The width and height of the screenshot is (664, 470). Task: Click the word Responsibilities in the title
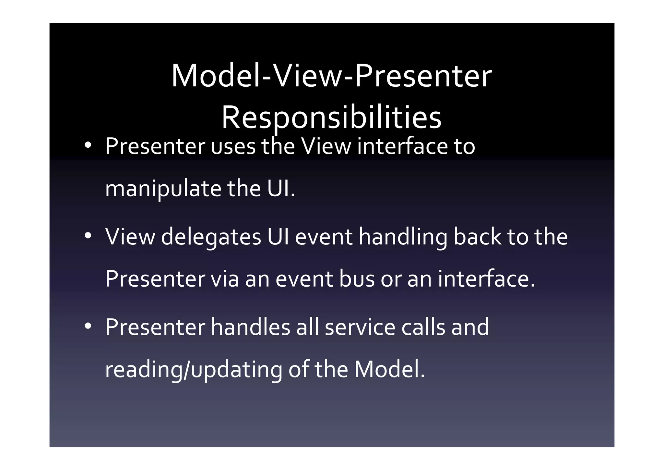[331, 117]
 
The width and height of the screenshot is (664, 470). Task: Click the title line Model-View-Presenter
[331, 77]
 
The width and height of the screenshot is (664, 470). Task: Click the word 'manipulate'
[163, 189]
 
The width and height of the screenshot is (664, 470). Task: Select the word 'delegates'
[211, 237]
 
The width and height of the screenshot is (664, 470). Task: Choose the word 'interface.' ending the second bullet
[486, 279]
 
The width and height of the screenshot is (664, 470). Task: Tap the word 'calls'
[423, 327]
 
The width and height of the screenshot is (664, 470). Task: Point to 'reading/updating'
[194, 370]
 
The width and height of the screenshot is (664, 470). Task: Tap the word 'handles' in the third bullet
[250, 327]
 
